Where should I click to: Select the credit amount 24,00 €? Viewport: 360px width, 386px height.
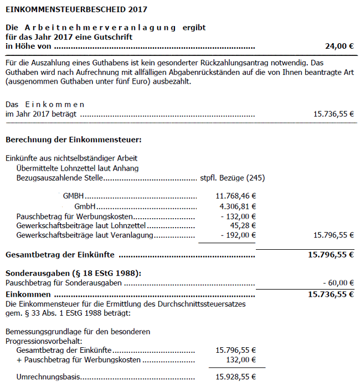pyautogui.click(x=339, y=47)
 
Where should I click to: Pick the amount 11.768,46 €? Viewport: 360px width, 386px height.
pyautogui.click(x=235, y=196)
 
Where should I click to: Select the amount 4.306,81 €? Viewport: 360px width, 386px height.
pyautogui.click(x=237, y=206)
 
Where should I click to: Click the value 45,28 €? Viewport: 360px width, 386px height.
pyautogui.click(x=243, y=225)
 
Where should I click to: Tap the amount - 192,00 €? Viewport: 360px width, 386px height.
pyautogui.click(x=238, y=235)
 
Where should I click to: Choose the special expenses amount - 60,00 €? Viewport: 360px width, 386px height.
pyautogui.click(x=338, y=283)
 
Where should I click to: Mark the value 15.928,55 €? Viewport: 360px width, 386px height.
pyautogui.click(x=235, y=377)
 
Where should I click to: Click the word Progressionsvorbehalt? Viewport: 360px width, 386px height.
pyautogui.click(x=44, y=341)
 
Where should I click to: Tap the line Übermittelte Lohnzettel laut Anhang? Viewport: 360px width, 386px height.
pyautogui.click(x=78, y=168)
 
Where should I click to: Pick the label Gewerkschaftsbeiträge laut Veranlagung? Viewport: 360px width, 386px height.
pyautogui.click(x=85, y=235)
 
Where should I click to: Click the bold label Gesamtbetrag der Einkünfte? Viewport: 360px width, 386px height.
pyautogui.click(x=59, y=255)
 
